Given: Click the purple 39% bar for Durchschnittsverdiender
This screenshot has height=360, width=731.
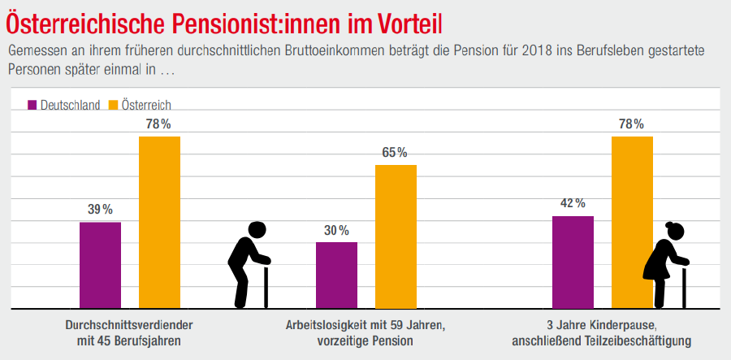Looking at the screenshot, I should tap(100, 266).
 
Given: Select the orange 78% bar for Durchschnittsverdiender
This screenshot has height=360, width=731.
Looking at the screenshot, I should tap(159, 223).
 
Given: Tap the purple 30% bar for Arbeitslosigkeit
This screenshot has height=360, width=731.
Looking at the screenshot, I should tap(336, 275).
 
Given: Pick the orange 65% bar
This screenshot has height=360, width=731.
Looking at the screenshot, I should tap(396, 237).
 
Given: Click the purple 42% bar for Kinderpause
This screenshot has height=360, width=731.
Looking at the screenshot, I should tap(573, 262).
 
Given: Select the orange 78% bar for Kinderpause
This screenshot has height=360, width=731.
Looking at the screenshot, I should tap(632, 223).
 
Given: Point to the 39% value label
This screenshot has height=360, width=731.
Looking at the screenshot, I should tap(100, 210).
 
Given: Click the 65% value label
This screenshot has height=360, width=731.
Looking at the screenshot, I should tap(396, 153).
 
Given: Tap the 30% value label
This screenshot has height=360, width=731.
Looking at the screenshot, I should tap(336, 230).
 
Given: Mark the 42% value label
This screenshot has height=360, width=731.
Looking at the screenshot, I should tap(573, 203).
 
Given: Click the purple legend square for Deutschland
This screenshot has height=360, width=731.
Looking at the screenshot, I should tap(32, 105).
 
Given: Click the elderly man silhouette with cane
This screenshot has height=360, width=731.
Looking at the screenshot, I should tap(249, 265).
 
